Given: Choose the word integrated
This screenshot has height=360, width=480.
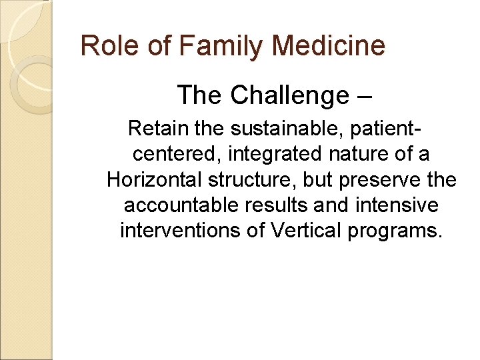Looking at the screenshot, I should click(x=275, y=154).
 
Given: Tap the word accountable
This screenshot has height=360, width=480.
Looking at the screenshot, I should click(x=175, y=205).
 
